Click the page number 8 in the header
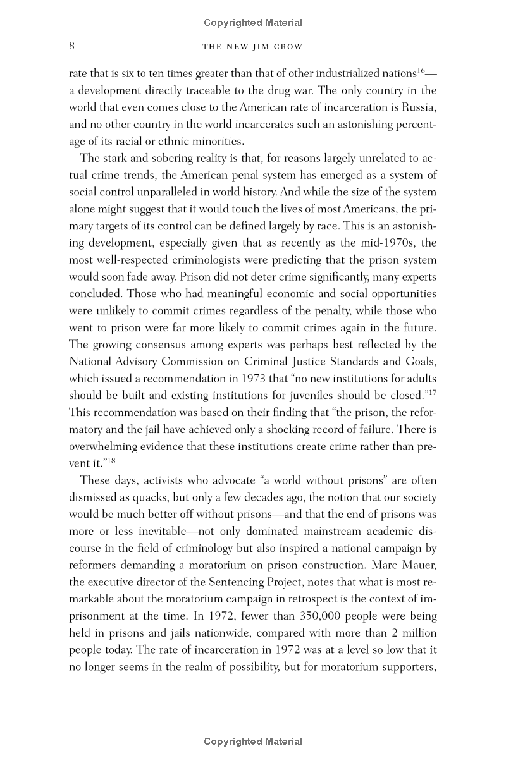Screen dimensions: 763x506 click(x=72, y=46)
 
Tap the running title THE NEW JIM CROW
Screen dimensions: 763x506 click(x=252, y=47)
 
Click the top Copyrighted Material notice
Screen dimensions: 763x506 click(x=253, y=23)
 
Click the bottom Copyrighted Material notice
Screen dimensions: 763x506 click(x=253, y=742)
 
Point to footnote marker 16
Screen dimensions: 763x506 click(x=421, y=70)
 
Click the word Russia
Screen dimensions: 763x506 click(x=419, y=107)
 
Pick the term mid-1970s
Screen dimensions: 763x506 click(x=397, y=243)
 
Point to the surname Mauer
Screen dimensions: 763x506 click(x=419, y=565)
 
